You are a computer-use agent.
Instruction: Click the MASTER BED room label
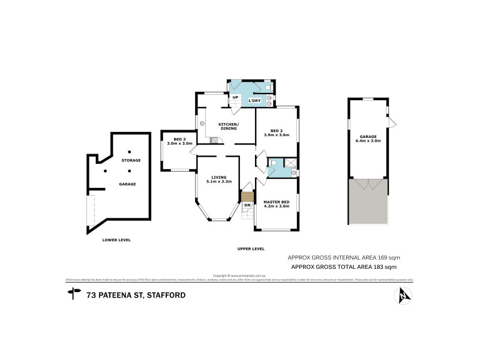click(x=277, y=200)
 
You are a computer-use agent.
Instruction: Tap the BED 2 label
click(x=277, y=130)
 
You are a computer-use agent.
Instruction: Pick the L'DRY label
click(x=254, y=100)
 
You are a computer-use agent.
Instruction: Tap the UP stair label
click(x=235, y=97)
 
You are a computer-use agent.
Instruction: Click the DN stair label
click(x=247, y=205)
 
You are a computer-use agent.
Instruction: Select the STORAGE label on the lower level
click(x=131, y=160)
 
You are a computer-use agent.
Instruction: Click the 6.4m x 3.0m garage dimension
click(x=368, y=140)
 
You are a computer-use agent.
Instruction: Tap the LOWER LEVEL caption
click(x=116, y=240)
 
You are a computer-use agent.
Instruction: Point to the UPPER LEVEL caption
click(x=251, y=248)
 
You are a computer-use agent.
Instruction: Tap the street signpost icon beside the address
click(x=74, y=294)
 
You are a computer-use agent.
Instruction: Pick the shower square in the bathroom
click(x=290, y=162)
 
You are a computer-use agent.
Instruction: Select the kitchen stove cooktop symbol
click(x=213, y=141)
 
